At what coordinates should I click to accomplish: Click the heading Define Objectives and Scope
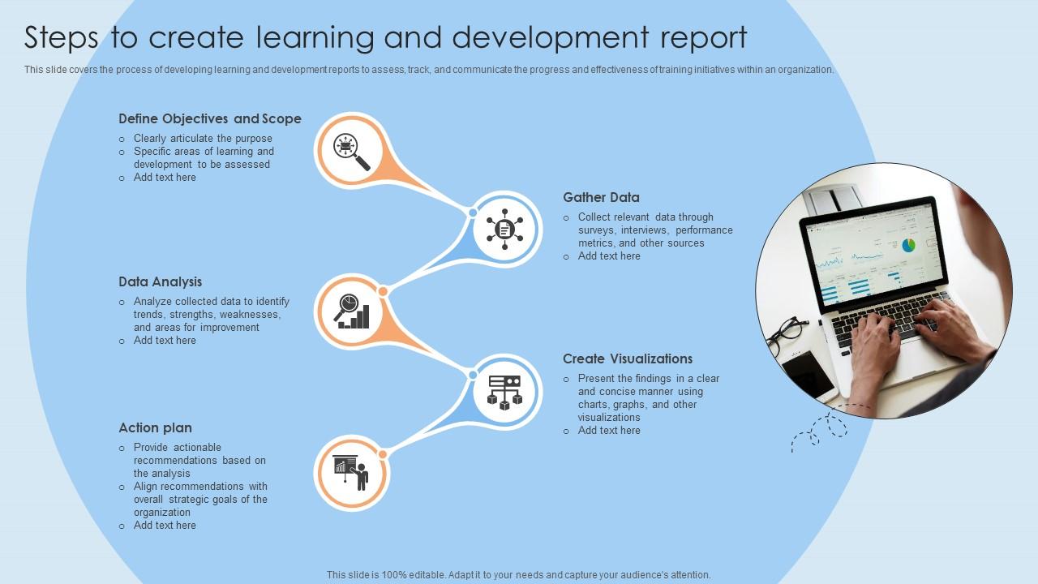click(209, 118)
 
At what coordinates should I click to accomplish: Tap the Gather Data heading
click(601, 197)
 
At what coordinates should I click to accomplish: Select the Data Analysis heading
click(160, 281)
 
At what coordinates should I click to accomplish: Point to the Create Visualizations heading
click(628, 359)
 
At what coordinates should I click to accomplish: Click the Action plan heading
click(155, 427)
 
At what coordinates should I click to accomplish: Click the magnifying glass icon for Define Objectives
click(351, 150)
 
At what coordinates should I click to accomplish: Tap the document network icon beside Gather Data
click(505, 230)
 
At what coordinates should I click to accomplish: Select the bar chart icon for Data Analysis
click(353, 312)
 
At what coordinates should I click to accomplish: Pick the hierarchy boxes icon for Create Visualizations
click(504, 392)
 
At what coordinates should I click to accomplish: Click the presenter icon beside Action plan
click(351, 473)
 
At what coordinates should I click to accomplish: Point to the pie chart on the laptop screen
click(908, 244)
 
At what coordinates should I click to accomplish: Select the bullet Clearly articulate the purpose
click(203, 139)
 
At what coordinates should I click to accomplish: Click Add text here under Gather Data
click(609, 256)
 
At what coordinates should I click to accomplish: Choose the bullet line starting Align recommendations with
click(200, 487)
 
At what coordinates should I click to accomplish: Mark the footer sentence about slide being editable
click(519, 574)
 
